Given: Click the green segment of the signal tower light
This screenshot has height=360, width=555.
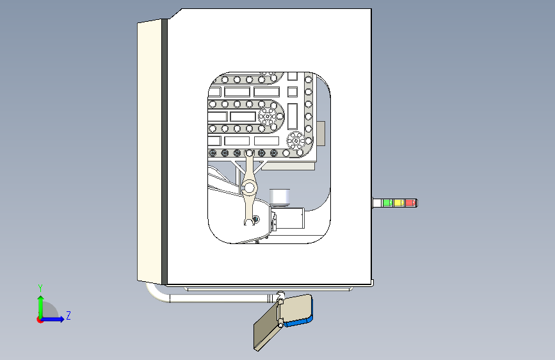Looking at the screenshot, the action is (387, 203).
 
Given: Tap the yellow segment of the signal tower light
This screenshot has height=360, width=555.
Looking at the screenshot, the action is (398, 203).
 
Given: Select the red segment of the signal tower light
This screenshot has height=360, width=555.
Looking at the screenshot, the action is (410, 203).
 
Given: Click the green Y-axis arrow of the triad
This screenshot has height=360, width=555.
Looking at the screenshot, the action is (40, 304).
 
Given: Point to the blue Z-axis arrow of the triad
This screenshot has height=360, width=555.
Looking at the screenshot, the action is (56, 319).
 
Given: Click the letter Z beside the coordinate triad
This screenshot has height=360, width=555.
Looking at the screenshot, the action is (68, 315).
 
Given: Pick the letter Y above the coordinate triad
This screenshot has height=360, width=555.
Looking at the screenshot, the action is (40, 288).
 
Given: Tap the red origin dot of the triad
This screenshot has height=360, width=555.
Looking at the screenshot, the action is (40, 319).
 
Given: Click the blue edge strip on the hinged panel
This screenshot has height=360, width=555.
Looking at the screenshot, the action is (299, 322).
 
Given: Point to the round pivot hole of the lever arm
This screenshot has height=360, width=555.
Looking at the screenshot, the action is (248, 188).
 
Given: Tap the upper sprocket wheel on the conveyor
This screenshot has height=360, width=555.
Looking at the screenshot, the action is (268, 116).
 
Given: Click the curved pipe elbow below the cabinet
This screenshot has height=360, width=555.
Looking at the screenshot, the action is (154, 295).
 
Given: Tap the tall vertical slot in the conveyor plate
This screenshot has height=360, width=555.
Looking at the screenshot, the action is (293, 116).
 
